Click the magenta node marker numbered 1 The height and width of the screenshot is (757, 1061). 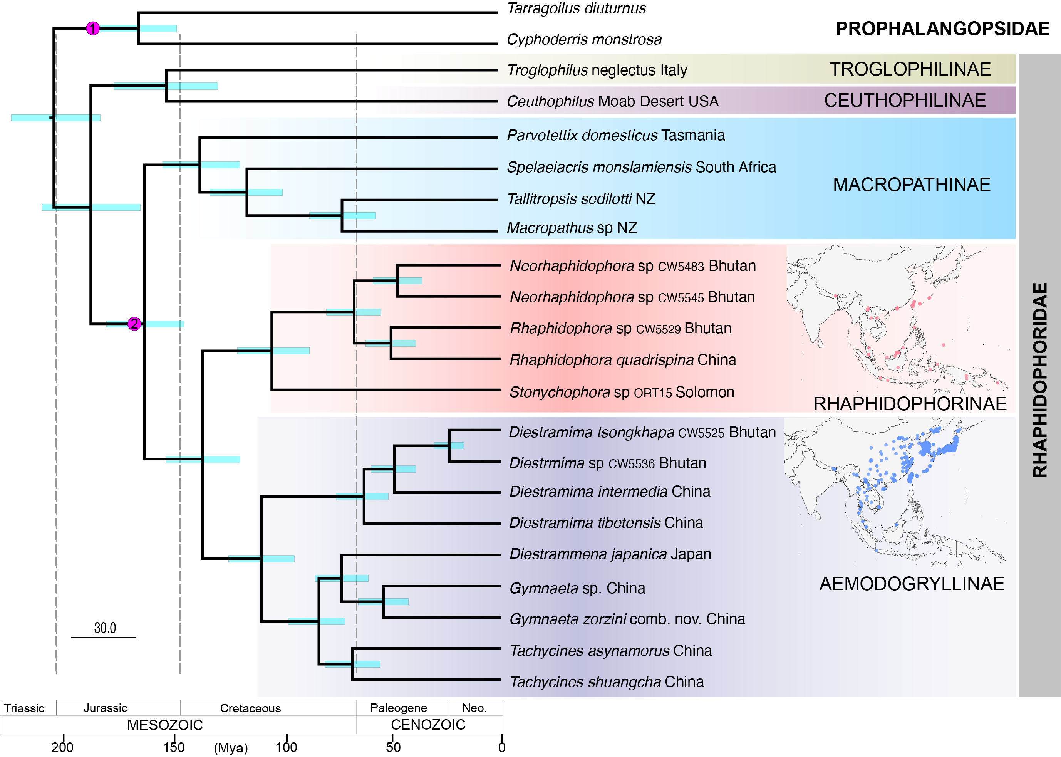(93, 29)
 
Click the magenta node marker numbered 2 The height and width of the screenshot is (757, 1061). (134, 324)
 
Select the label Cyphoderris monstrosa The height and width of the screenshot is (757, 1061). (584, 40)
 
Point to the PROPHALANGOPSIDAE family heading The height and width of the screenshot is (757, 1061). (942, 29)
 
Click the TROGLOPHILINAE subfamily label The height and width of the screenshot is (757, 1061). (910, 69)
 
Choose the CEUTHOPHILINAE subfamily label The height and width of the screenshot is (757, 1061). (905, 101)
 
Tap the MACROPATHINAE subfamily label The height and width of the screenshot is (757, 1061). (912, 185)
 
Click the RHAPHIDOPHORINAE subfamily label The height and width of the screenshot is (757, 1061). (910, 404)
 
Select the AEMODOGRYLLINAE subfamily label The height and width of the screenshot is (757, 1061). (912, 584)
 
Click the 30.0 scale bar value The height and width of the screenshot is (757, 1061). (105, 628)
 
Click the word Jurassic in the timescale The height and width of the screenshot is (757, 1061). (105, 708)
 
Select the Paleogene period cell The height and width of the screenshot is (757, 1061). (398, 708)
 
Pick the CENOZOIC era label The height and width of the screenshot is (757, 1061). (428, 724)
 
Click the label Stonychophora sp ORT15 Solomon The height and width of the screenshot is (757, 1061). (622, 393)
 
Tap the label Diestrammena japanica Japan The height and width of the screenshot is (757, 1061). (610, 554)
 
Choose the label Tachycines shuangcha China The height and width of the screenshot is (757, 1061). (606, 682)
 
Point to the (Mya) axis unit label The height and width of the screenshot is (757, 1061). (231, 748)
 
